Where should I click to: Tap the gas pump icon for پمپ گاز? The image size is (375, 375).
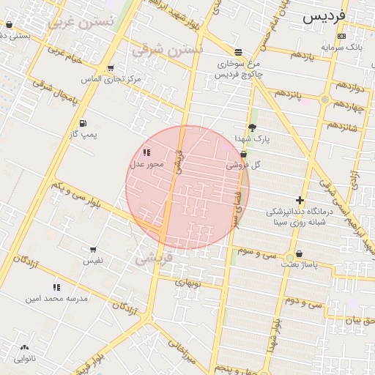point(83,123)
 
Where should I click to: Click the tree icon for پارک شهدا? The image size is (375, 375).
point(253,127)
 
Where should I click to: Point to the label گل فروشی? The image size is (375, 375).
point(244,166)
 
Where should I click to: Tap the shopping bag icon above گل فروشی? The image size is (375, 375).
point(243,155)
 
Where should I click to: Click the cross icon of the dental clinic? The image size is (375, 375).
point(299,200)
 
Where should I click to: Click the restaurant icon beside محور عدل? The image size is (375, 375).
point(146,153)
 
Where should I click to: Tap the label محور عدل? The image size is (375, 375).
point(146,164)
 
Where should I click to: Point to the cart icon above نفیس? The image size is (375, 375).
point(93,250)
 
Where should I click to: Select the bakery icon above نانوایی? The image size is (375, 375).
point(24,348)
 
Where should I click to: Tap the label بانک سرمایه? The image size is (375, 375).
point(341,47)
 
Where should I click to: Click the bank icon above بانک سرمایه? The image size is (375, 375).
point(341,37)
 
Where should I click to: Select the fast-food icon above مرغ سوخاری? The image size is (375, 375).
point(239,52)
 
